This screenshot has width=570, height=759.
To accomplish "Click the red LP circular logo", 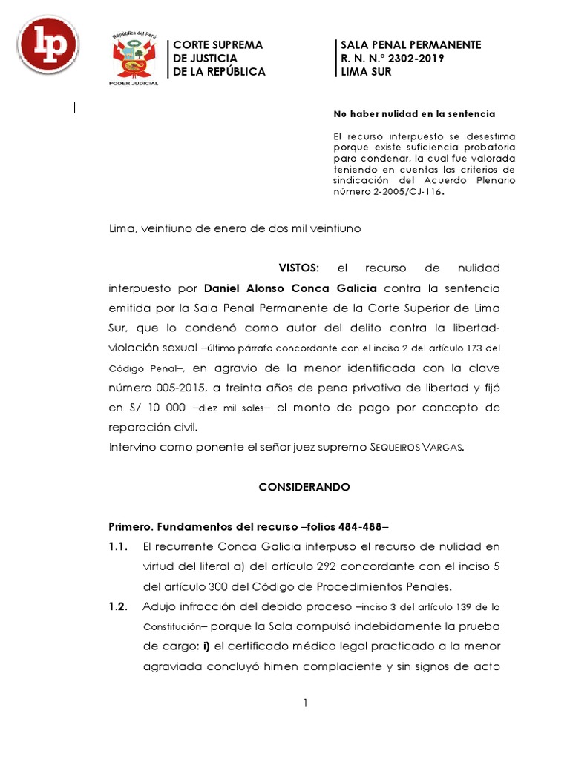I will [48, 45].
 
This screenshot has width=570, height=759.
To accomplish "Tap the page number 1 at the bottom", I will [305, 703].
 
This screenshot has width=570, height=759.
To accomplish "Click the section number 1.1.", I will [119, 547].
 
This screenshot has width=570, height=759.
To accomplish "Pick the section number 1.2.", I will [119, 606].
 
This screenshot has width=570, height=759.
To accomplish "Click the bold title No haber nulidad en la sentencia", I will [414, 114].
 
